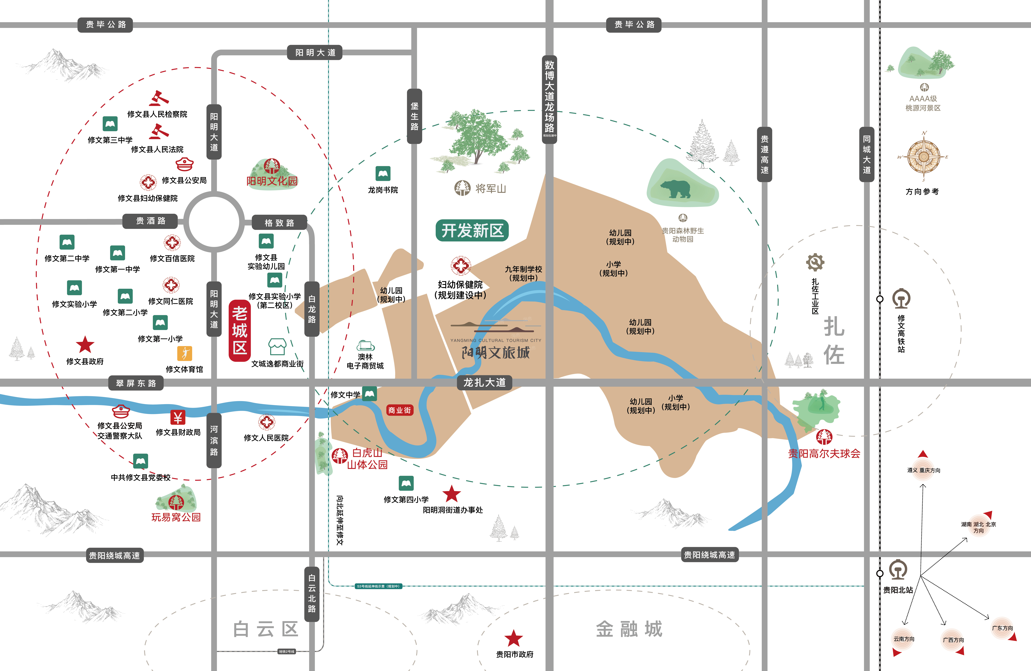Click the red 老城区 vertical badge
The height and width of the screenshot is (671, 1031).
[240, 330]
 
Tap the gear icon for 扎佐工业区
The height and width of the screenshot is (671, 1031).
[815, 262]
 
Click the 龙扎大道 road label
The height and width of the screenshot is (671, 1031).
[484, 383]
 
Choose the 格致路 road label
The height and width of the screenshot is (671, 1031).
[279, 223]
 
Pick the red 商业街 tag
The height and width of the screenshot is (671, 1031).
[399, 410]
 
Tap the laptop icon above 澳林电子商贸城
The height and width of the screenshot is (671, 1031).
[365, 346]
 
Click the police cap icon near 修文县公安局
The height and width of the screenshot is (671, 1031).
[185, 165]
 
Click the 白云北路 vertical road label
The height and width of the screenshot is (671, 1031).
[312, 593]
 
